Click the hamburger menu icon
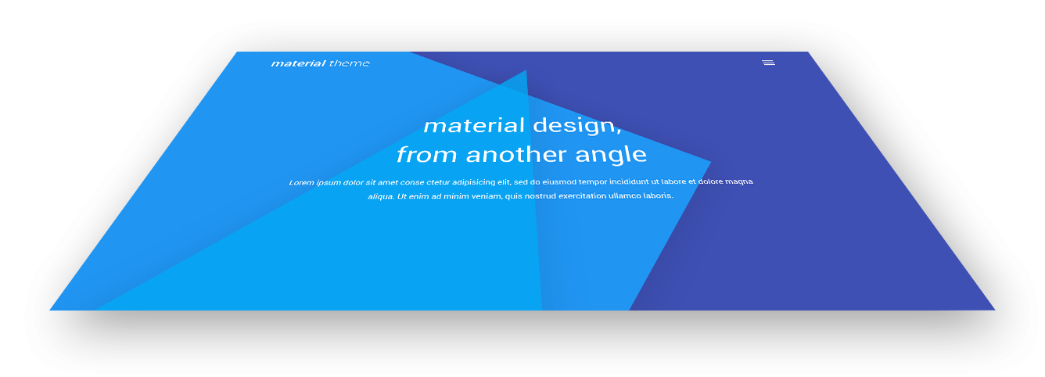[768, 63]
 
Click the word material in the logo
[299, 63]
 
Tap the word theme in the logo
[350, 63]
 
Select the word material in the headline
[474, 125]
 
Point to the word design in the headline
[577, 126]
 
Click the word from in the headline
[427, 154]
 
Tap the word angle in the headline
[611, 155]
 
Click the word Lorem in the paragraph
[301, 182]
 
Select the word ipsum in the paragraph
[329, 182]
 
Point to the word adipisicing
[473, 182]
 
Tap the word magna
[739, 181]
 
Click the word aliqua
[381, 196]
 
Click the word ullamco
[625, 196]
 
